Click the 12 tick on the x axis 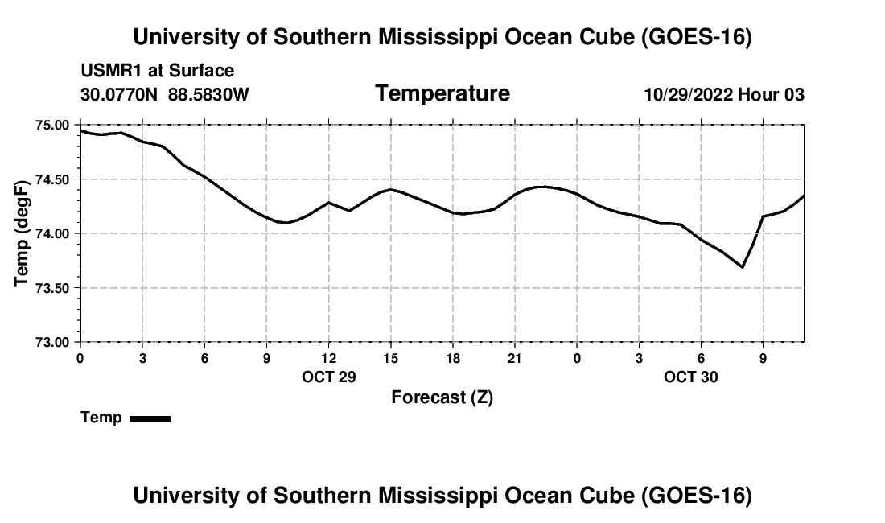[x=328, y=358]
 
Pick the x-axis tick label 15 [x=390, y=358]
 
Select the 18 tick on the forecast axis [x=453, y=358]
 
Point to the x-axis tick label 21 [x=515, y=358]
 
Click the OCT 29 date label [x=329, y=377]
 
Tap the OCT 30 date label [x=691, y=377]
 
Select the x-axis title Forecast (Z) [x=442, y=397]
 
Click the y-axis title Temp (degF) [x=22, y=233]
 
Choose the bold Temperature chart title [x=442, y=93]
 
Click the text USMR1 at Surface [x=158, y=71]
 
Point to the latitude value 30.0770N [x=119, y=94]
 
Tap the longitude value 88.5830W [x=208, y=94]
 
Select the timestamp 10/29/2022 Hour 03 [x=724, y=94]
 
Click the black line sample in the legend [x=150, y=418]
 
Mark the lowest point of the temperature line [x=743, y=267]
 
